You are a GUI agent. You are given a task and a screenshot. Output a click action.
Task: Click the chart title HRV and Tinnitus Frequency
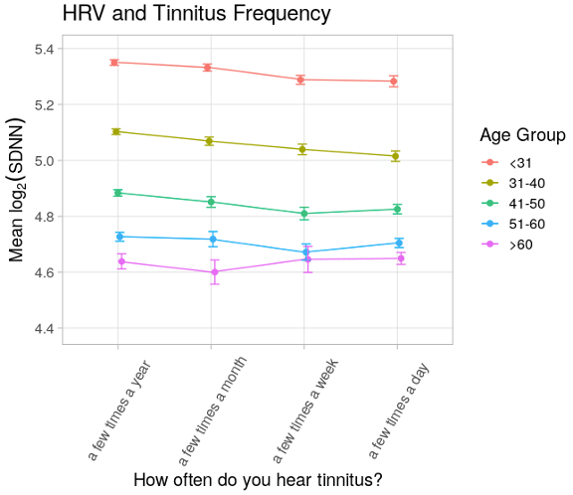[x=196, y=14]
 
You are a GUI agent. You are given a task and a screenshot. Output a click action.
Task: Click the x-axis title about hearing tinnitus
[x=258, y=480]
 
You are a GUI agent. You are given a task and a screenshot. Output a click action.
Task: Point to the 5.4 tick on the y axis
[x=46, y=49]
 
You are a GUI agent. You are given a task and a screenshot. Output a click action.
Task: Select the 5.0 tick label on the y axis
[x=46, y=160]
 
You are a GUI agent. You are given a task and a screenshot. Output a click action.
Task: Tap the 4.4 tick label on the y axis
[x=46, y=328]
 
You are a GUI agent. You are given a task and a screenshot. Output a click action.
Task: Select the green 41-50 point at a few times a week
[x=306, y=213]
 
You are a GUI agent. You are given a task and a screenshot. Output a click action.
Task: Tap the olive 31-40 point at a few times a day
[x=396, y=156]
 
